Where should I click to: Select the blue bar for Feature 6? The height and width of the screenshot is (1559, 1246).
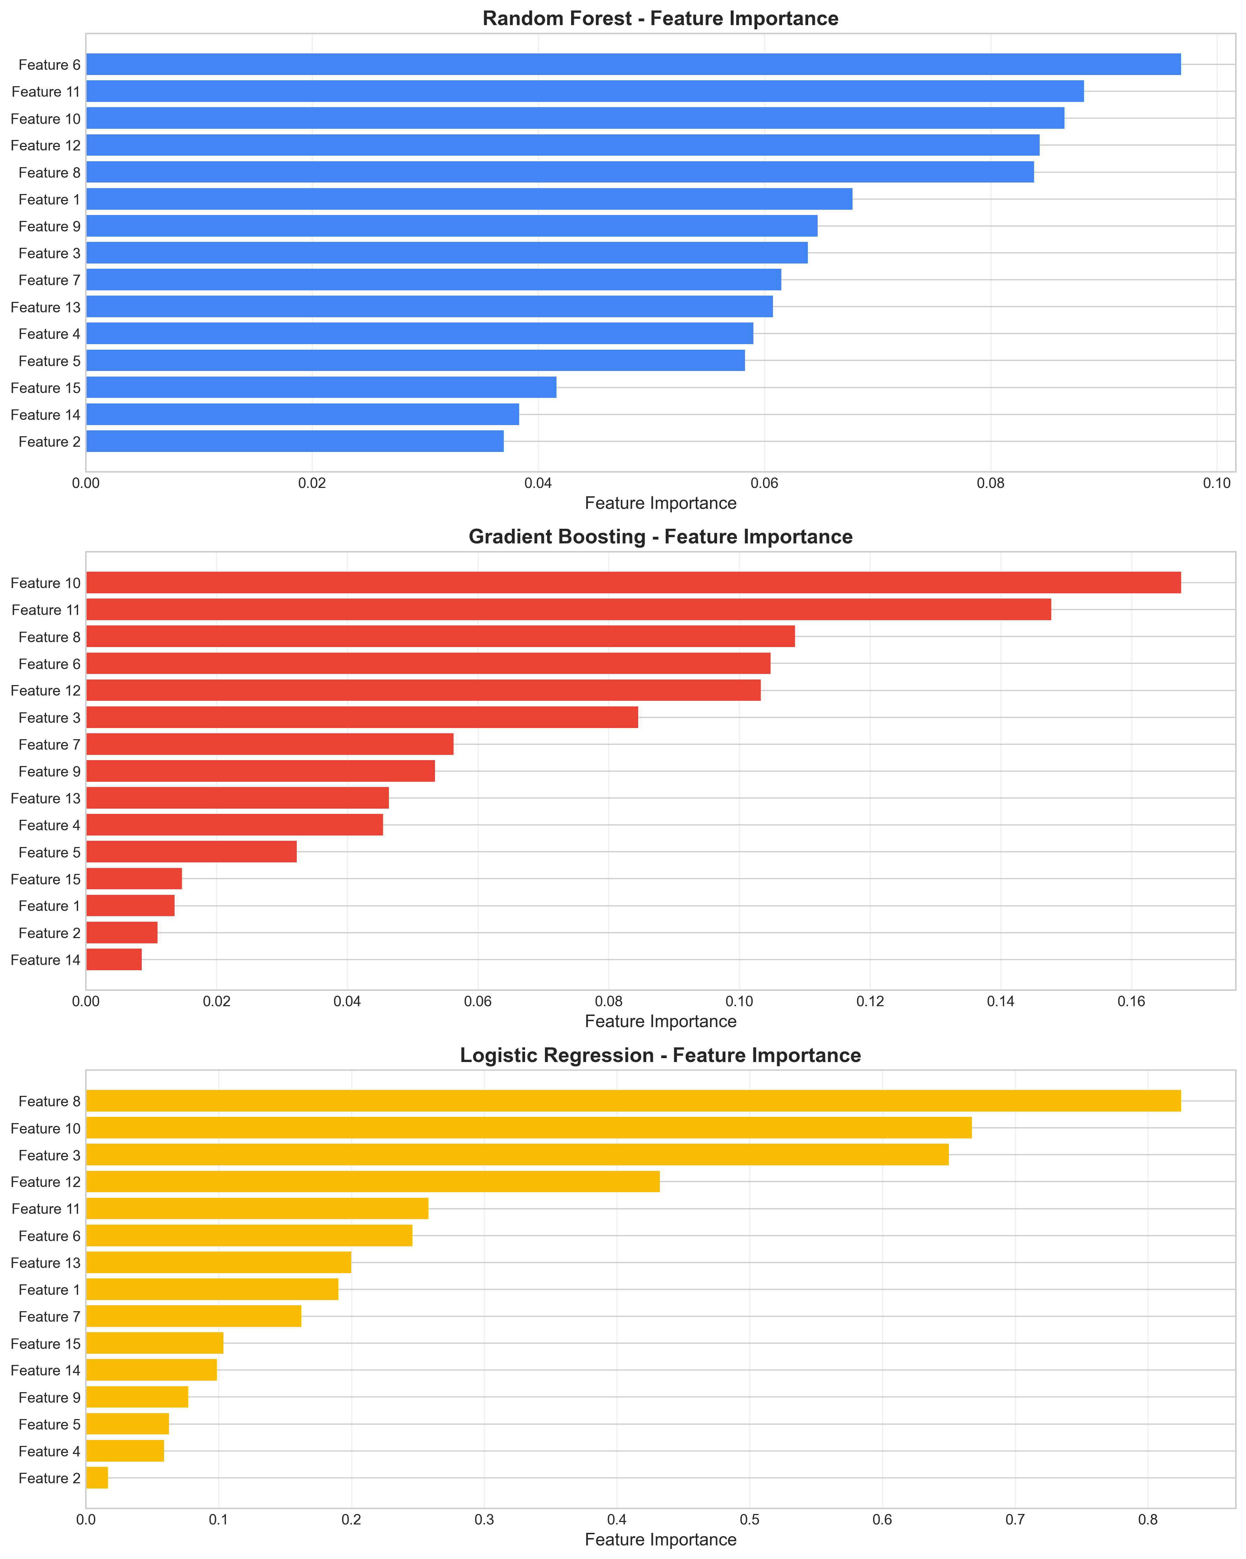pos(633,64)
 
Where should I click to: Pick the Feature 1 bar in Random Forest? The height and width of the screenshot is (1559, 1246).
pos(469,199)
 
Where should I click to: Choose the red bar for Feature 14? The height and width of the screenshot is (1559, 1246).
pos(113,959)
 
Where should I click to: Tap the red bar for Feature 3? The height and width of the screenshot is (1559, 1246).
pos(362,717)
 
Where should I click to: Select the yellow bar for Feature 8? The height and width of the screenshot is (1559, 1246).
pos(633,1100)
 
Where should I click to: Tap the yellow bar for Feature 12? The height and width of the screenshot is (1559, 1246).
pos(373,1181)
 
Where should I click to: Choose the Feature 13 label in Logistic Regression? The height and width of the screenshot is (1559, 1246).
pos(45,1263)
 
